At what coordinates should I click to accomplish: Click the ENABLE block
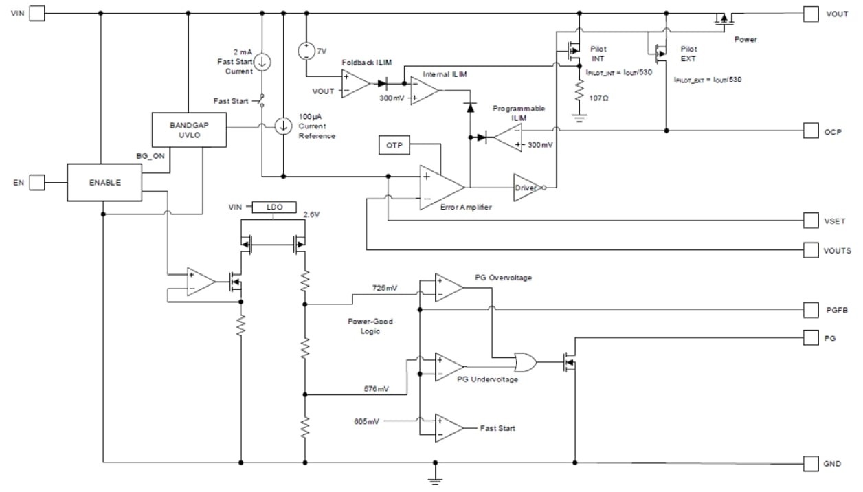click(x=104, y=183)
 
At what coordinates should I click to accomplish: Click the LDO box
click(x=273, y=207)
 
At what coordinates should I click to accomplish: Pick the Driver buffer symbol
click(x=527, y=186)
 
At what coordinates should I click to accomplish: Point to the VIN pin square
click(x=37, y=14)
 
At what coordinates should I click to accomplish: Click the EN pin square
click(x=37, y=183)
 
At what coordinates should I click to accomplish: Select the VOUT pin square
click(x=811, y=14)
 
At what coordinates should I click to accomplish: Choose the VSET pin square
click(x=811, y=221)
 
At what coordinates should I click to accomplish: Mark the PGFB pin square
click(x=811, y=310)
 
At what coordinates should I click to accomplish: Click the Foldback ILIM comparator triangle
click(x=355, y=84)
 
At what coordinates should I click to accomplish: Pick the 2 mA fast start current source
click(x=262, y=61)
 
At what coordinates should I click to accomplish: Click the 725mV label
click(x=384, y=287)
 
